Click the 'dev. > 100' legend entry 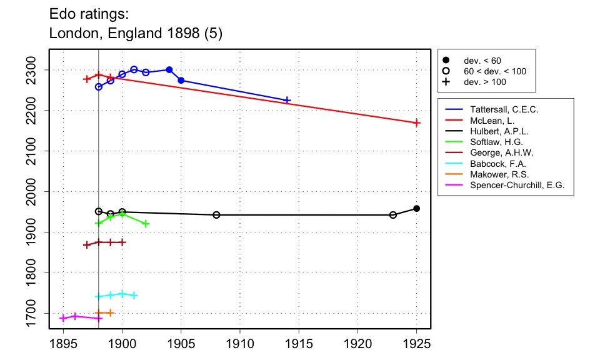tap(484, 82)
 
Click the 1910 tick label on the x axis tap(240, 344)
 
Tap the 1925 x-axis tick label tap(417, 344)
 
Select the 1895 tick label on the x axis tap(63, 344)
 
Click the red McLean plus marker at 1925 tap(417, 122)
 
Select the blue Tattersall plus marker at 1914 tap(287, 100)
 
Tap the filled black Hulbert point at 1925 tap(417, 208)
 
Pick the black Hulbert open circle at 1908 tap(216, 215)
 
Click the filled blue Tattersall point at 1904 tap(169, 70)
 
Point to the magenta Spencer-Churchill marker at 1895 tap(63, 318)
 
